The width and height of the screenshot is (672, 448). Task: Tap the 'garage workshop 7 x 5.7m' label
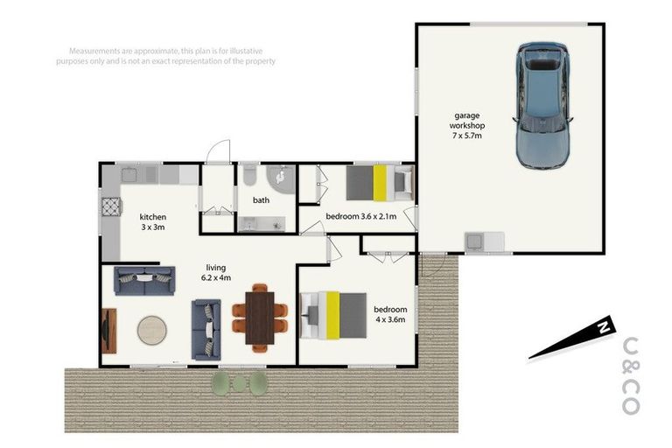tap(466, 125)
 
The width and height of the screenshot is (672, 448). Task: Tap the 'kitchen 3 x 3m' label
tap(152, 221)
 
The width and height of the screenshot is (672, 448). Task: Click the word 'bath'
tap(261, 200)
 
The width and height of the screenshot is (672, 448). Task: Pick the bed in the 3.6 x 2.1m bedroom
tap(379, 184)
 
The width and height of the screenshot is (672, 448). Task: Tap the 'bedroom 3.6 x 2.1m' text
tap(361, 216)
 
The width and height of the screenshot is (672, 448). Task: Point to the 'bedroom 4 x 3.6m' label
tap(389, 315)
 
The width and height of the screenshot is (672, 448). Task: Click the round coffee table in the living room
tap(153, 331)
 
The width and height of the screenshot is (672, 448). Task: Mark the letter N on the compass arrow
tap(602, 328)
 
